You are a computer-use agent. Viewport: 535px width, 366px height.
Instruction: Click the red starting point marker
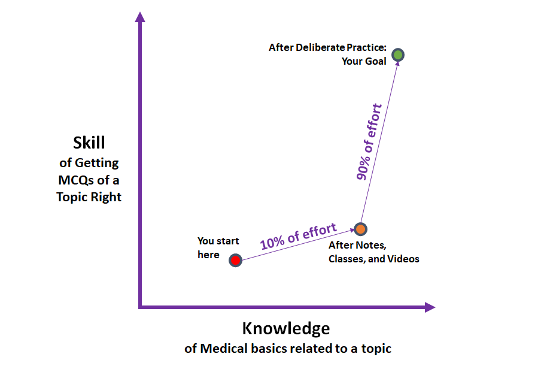(x=235, y=261)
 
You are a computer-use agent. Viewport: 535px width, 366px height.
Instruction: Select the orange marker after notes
(x=360, y=229)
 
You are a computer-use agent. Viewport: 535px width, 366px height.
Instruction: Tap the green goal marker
(x=399, y=55)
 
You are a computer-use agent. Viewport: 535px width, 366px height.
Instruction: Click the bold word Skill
(x=89, y=143)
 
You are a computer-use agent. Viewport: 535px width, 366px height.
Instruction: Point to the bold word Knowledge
(x=285, y=328)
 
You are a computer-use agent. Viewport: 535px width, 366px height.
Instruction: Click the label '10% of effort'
(x=298, y=236)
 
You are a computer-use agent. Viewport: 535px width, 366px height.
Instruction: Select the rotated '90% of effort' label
(x=369, y=143)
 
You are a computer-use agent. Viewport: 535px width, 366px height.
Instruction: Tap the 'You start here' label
(x=218, y=248)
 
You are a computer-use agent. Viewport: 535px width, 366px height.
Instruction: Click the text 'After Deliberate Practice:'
(x=327, y=47)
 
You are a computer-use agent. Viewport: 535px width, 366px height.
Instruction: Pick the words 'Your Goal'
(x=364, y=61)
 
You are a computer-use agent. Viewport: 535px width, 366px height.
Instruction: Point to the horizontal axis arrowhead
(x=430, y=307)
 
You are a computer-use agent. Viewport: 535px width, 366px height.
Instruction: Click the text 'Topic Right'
(x=89, y=196)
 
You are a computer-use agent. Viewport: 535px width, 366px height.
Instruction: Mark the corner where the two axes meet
(x=140, y=307)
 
